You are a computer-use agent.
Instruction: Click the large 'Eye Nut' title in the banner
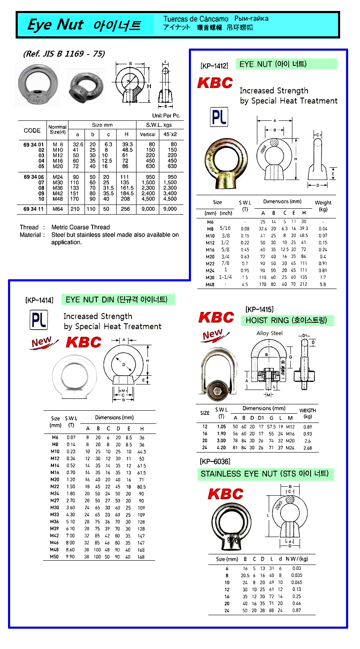coord(55,25)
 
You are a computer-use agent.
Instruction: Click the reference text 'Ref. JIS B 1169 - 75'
coord(64,54)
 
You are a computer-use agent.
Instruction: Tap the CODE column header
coord(32,131)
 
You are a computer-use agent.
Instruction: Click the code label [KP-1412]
coord(214,66)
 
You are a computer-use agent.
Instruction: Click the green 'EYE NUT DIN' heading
coord(117,300)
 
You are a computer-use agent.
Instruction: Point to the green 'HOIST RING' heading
coord(286,320)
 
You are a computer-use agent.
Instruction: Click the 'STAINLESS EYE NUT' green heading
coord(265,474)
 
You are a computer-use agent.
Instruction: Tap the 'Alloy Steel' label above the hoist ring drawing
coord(270,333)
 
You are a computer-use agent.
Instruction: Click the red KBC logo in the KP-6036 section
coord(226,494)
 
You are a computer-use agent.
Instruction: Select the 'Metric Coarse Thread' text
coord(80,227)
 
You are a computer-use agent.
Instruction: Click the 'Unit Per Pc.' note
coord(166,115)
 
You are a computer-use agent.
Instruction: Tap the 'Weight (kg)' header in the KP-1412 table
coord(323,206)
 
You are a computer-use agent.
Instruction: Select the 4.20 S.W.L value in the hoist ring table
coord(221,447)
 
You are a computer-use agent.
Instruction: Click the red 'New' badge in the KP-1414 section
coord(41,342)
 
